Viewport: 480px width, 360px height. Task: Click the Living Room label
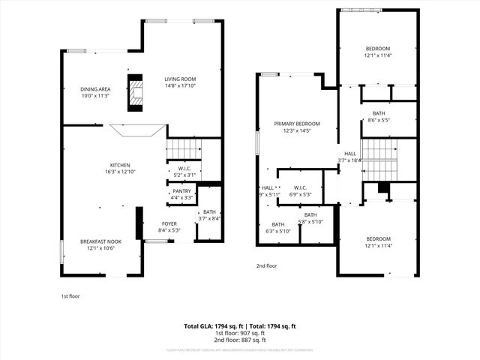180,79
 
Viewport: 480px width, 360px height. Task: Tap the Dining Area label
96,89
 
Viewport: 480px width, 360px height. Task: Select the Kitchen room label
121,165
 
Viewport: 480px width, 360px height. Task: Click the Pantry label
182,191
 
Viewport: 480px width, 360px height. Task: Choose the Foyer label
169,223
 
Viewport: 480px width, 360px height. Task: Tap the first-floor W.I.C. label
184,169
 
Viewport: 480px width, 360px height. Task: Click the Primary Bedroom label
296,124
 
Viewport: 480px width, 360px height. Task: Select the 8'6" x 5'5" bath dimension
378,120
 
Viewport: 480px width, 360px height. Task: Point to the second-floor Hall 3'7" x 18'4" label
349,160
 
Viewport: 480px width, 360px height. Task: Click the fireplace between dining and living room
135,91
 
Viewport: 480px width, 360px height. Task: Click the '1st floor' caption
70,296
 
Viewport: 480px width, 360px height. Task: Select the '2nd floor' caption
266,266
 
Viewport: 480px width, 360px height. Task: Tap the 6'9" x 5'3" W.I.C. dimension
300,194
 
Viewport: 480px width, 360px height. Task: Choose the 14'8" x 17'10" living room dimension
180,85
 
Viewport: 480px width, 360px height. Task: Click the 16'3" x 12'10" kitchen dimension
121,172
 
